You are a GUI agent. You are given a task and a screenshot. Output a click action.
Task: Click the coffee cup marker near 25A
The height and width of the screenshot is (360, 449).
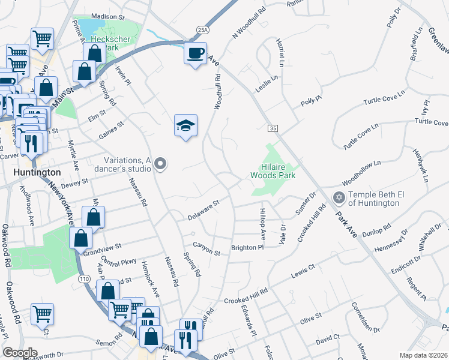click(194, 53)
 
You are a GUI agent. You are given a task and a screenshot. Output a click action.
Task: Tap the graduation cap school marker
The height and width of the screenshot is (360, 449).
click(185, 126)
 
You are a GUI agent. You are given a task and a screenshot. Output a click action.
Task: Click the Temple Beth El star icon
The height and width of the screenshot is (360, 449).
click(339, 197)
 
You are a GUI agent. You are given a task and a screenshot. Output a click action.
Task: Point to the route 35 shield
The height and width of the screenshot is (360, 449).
click(273, 128)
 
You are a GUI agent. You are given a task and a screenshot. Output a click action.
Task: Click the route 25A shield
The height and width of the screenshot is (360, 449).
click(203, 29)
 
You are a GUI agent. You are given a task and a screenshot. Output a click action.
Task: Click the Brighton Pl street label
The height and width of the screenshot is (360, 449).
click(248, 247)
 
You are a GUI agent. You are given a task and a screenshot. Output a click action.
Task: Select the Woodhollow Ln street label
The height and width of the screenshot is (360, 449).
click(361, 172)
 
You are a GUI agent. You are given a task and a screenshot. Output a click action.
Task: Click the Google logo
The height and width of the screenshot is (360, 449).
click(20, 353)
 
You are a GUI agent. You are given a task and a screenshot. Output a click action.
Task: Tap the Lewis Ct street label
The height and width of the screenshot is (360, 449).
click(303, 269)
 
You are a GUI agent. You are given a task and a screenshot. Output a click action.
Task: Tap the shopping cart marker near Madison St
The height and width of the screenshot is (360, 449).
click(42, 39)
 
